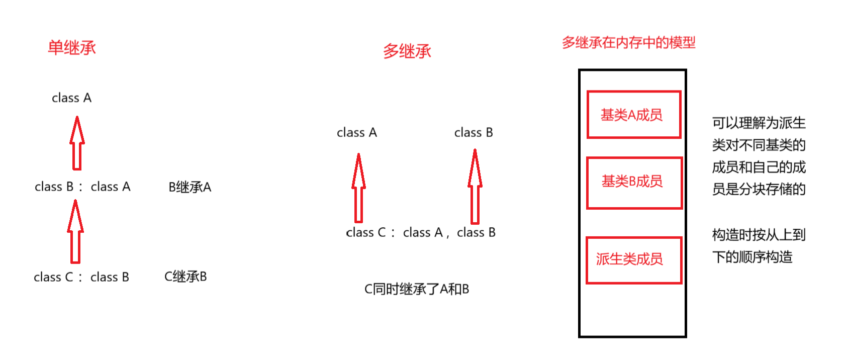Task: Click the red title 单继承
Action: pyautogui.click(x=72, y=48)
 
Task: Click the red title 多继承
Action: pyautogui.click(x=407, y=51)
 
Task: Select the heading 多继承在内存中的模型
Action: pyautogui.click(x=628, y=43)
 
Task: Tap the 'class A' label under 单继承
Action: pyautogui.click(x=71, y=98)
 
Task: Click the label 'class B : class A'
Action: pyautogui.click(x=82, y=187)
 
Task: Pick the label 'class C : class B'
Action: pyautogui.click(x=81, y=277)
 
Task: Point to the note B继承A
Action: pyautogui.click(x=190, y=188)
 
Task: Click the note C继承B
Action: pyautogui.click(x=185, y=277)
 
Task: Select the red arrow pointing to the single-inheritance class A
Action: pyautogui.click(x=77, y=143)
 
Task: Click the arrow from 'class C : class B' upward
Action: pyautogui.click(x=75, y=232)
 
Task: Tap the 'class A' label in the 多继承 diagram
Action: pyautogui.click(x=356, y=133)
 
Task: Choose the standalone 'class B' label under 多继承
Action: pyautogui.click(x=474, y=133)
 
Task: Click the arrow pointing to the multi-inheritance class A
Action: pyautogui.click(x=358, y=188)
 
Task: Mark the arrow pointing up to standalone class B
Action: pyautogui.click(x=475, y=187)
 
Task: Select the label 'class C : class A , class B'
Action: pyautogui.click(x=421, y=233)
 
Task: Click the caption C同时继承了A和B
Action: pyautogui.click(x=416, y=290)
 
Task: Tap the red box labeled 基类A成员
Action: pyautogui.click(x=633, y=115)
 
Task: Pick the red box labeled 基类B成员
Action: pyautogui.click(x=634, y=183)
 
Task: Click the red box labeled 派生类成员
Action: pyautogui.click(x=633, y=260)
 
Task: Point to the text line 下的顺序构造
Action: pyautogui.click(x=752, y=257)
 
